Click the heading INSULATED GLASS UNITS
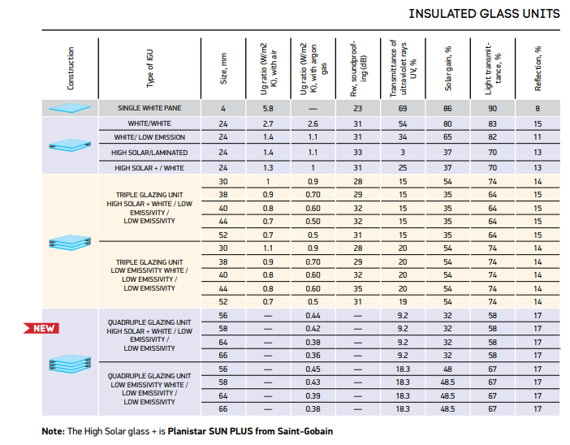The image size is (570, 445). [x=483, y=14]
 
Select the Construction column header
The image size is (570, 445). [x=71, y=68]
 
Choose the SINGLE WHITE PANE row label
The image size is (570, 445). [x=150, y=109]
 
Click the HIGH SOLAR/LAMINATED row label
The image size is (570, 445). [x=150, y=152]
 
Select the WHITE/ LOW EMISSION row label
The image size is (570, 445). [x=150, y=138]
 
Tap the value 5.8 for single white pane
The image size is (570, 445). [x=268, y=109]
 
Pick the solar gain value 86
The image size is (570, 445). [x=447, y=109]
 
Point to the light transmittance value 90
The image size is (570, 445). [x=492, y=109]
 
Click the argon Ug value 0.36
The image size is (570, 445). [x=313, y=355]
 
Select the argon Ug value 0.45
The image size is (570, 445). [x=313, y=368]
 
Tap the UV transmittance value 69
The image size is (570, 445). [x=403, y=109]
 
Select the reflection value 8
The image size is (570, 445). [x=538, y=109]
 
